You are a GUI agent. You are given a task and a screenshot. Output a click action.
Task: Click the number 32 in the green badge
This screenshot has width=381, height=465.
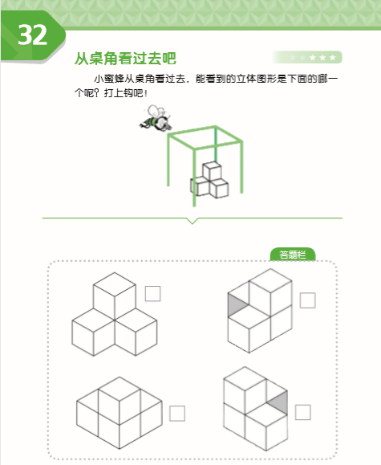click(33, 35)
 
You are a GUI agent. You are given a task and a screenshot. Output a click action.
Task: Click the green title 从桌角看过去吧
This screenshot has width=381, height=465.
click(125, 58)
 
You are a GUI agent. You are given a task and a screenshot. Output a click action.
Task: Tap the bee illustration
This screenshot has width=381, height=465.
click(156, 118)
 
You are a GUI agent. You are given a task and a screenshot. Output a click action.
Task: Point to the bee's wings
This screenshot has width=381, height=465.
click(156, 111)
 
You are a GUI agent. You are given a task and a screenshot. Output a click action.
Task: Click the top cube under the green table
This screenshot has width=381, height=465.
click(212, 170)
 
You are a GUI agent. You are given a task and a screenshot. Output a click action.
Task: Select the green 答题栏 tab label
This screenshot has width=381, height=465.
click(293, 255)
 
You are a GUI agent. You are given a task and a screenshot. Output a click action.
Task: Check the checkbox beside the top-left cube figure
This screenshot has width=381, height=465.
click(153, 294)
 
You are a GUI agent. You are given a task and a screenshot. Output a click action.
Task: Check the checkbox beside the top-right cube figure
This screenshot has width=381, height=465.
click(307, 300)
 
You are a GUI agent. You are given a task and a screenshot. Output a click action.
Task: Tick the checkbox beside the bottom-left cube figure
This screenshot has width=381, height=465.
click(177, 414)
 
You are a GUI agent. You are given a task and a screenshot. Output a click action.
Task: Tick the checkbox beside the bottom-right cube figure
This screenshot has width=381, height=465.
click(302, 412)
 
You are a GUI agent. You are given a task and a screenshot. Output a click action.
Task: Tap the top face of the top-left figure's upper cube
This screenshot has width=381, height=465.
click(115, 284)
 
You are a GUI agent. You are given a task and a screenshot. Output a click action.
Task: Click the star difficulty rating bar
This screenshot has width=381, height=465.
click(306, 57)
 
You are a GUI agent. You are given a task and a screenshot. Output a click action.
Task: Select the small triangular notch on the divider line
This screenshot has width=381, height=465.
click(193, 221)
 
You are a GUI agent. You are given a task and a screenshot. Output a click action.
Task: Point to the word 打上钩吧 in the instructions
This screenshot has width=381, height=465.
click(124, 93)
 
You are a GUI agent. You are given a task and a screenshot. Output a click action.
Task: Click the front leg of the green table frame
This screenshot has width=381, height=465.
click(194, 177)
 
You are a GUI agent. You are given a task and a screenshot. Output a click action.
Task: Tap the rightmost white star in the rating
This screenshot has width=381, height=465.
click(332, 57)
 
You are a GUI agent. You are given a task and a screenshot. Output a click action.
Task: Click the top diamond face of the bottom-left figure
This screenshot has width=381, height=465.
click(120, 389)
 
